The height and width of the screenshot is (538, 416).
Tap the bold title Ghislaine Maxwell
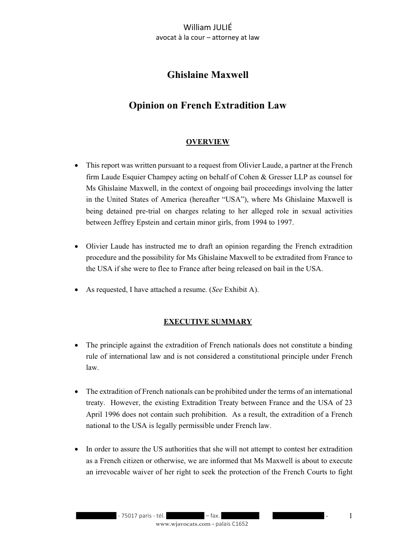pos(207,75)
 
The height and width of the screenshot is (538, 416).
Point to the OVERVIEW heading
pos(207,142)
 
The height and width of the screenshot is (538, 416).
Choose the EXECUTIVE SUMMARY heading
pos(207,321)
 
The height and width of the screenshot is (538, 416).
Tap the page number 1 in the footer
pos(350,516)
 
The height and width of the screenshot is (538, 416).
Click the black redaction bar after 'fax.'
pos(240,516)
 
